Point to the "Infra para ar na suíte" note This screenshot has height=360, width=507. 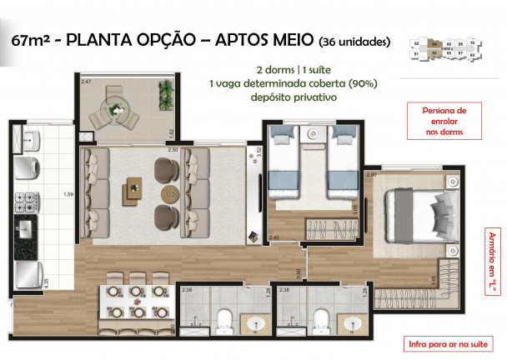point(445,343)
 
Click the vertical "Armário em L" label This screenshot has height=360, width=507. point(492,267)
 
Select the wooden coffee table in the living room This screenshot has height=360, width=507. point(133,189)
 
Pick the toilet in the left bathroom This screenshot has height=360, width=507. point(224,320)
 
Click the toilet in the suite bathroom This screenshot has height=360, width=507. point(321,320)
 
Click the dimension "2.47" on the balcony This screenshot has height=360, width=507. point(85,82)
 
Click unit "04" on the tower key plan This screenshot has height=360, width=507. point(434,52)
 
